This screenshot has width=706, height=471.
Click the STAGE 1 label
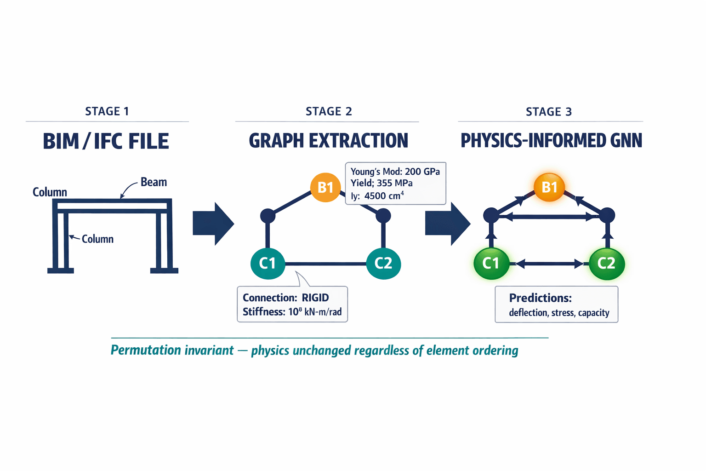pos(107,111)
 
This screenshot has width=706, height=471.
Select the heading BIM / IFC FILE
pos(106,141)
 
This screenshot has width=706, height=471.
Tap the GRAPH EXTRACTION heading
pos(328,141)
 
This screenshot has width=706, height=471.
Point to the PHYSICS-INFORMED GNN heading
pos(551,141)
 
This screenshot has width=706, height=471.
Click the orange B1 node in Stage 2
pos(325,187)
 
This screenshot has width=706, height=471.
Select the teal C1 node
pos(268,263)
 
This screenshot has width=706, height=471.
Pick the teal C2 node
pos(383,263)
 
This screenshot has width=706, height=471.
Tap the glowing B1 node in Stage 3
pos(549,187)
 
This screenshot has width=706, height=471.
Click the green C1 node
pos(491,263)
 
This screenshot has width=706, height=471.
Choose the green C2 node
pos(606,263)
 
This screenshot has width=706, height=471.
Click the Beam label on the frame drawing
pos(154,182)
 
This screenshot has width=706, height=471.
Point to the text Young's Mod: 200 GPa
pos(395,172)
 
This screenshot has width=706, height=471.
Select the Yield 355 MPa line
pos(381,183)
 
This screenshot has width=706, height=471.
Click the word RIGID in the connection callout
pos(315,298)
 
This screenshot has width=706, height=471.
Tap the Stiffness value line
pos(292,312)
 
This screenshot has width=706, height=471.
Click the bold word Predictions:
pos(540,298)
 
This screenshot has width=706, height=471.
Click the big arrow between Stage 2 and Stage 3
pos(447,224)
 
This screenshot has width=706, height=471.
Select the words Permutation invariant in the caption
pos(172,350)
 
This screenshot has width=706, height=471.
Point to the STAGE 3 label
pos(549,112)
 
